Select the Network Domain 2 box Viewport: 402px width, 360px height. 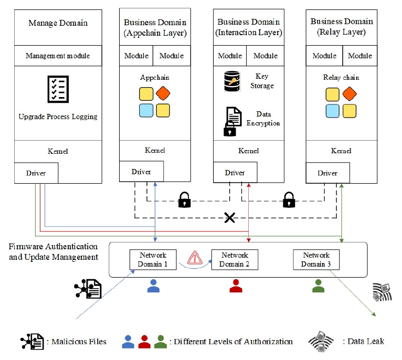pos(235,260)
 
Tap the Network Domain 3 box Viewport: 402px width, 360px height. pos(316,260)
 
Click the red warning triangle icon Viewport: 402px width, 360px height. pos(195,257)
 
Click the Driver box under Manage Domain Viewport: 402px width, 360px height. pos(36,173)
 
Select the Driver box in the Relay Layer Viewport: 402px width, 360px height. pos(327,173)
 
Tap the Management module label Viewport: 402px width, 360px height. pos(58,56)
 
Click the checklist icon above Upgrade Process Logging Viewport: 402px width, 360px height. pos(58,89)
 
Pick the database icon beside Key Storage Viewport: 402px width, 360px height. pos(232,82)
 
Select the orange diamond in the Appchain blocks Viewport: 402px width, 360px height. pos(163,94)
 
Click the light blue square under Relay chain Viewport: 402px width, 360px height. pos(332,111)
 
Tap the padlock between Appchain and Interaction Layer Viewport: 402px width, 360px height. pos(184,200)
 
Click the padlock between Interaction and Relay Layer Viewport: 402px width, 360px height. pos(288,200)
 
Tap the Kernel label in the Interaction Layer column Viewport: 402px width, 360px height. pos(248,151)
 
